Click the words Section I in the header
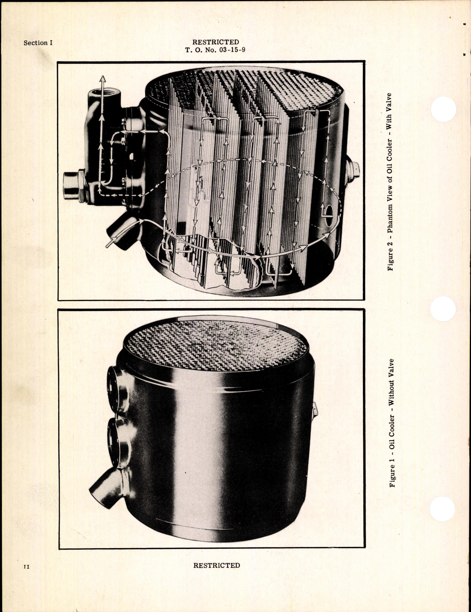38,43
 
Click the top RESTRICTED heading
216,42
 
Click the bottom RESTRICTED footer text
216,565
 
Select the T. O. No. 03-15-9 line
215,49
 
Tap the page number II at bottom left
26,567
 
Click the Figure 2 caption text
390,182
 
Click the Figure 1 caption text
392,423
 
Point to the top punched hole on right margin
444,109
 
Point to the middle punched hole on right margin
444,309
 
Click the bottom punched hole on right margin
444,508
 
